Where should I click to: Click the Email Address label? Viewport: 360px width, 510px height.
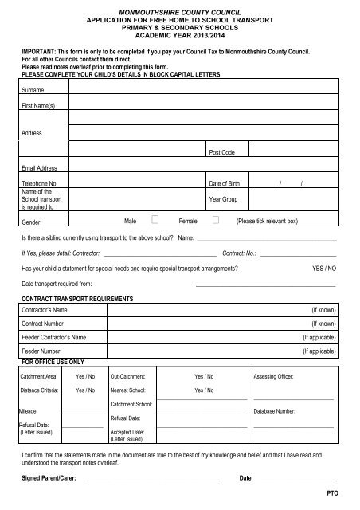click(x=41, y=168)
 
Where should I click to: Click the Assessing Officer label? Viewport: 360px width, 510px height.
click(x=276, y=374)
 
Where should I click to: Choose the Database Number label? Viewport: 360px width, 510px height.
click(x=276, y=412)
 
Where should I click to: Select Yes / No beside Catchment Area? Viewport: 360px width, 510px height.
click(x=85, y=374)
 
